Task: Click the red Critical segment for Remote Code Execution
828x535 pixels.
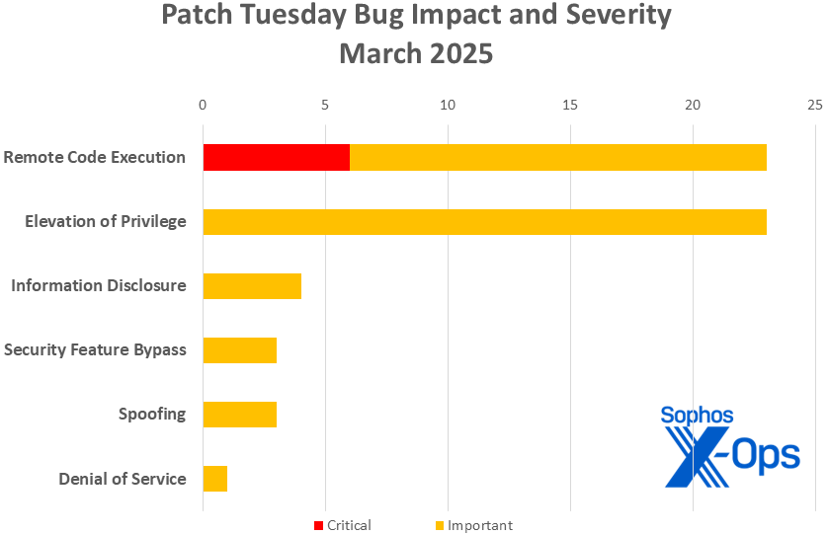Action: [276, 157]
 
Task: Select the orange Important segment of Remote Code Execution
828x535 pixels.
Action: [558, 157]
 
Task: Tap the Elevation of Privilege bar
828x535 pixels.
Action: [484, 221]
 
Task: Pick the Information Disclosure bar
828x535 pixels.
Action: [252, 286]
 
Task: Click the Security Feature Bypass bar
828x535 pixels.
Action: [239, 350]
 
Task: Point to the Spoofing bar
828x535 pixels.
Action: [239, 414]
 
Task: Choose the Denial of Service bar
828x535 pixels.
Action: [215, 479]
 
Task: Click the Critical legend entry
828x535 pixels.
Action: [343, 525]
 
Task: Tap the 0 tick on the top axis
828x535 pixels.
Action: [203, 105]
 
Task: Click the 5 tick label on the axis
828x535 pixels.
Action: [325, 105]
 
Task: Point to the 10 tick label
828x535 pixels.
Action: [448, 105]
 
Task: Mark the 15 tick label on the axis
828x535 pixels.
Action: [570, 105]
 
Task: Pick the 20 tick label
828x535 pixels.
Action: [693, 105]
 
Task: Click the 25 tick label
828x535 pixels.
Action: [814, 105]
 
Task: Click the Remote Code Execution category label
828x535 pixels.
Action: [94, 157]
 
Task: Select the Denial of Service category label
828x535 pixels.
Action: [122, 479]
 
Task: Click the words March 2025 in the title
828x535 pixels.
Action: [415, 53]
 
